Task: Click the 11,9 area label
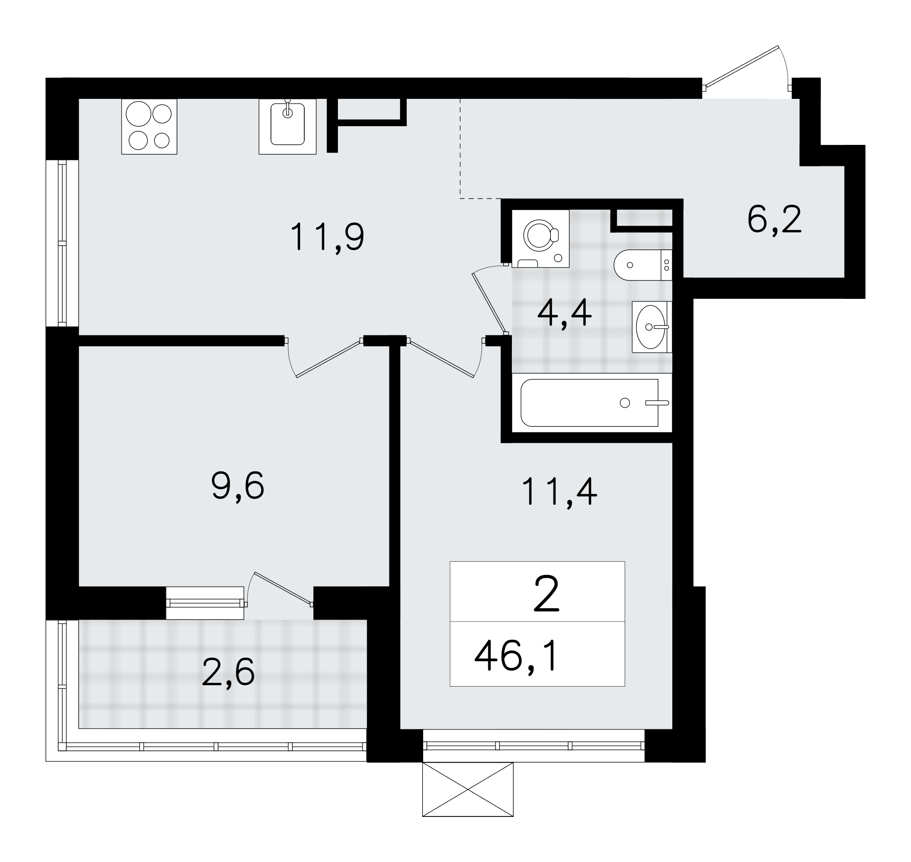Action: point(327,236)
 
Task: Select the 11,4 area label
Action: point(559,492)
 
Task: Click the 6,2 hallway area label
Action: point(774,220)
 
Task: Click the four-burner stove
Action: point(149,126)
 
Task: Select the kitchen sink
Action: point(287,126)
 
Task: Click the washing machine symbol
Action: point(541,238)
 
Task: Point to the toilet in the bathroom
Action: point(643,265)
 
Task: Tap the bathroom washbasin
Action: point(652,327)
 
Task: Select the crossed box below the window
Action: point(468,790)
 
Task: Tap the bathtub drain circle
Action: point(625,403)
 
